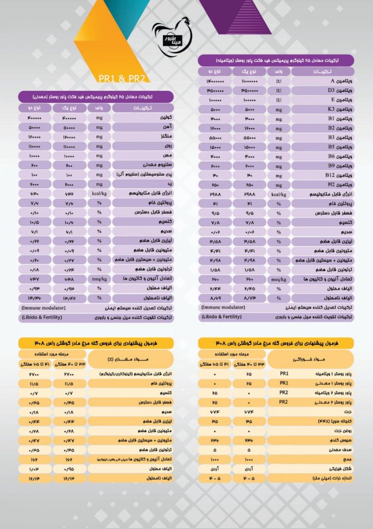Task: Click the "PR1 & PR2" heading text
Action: [124, 78]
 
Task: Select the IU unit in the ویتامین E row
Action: [278, 100]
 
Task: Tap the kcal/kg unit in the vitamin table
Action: [278, 194]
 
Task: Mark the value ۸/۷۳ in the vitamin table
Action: [249, 298]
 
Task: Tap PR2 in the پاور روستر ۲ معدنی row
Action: [283, 401]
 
